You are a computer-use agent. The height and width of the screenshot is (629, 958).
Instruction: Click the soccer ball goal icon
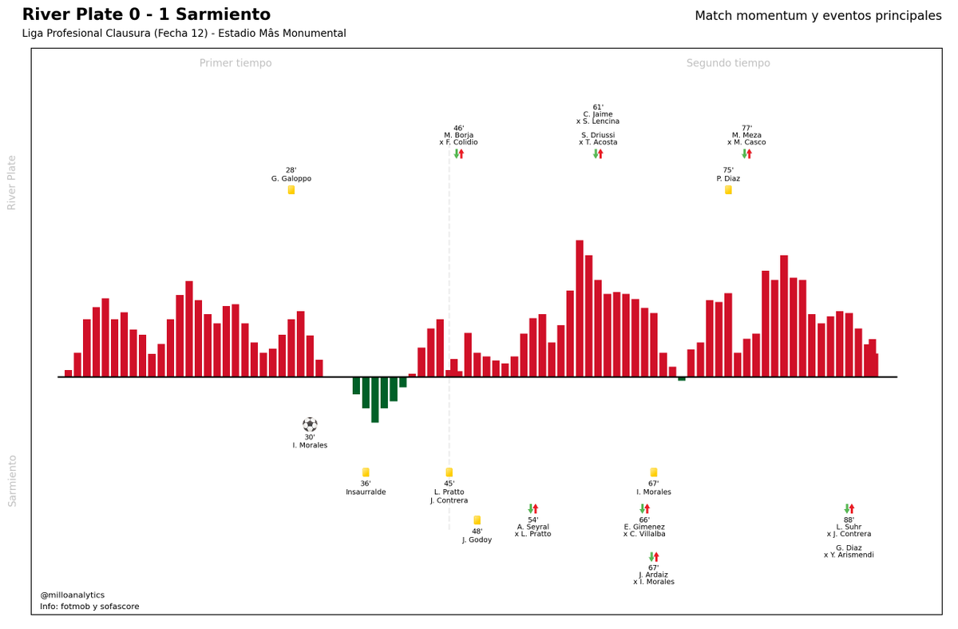(x=310, y=424)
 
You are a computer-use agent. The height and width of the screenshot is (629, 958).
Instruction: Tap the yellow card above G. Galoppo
(x=291, y=190)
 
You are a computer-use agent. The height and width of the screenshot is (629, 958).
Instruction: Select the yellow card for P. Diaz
(x=728, y=190)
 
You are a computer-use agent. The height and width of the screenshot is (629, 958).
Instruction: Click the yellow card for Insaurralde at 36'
(x=366, y=472)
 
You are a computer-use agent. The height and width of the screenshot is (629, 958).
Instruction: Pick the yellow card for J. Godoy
(x=477, y=520)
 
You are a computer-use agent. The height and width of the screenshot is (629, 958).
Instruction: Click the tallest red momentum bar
(x=580, y=308)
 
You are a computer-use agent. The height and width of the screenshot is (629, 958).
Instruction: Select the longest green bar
(x=375, y=400)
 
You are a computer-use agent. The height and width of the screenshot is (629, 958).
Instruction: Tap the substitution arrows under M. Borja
(x=459, y=153)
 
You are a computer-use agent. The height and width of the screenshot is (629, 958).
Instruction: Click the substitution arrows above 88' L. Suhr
(x=849, y=508)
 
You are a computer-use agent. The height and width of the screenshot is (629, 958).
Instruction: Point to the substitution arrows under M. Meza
(x=746, y=153)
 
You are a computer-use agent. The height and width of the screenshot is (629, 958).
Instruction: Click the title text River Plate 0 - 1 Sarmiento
(x=146, y=15)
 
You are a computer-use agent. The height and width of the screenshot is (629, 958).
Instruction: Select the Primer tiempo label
(x=236, y=63)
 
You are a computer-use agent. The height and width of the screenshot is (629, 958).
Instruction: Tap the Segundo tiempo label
(x=728, y=63)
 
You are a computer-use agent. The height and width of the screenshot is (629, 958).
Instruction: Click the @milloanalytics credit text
(x=73, y=595)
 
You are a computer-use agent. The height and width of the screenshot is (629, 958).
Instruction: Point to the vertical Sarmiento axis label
(x=13, y=480)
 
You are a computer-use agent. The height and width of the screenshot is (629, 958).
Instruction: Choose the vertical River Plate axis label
(x=13, y=182)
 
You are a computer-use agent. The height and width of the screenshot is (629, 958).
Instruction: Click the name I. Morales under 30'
(x=310, y=445)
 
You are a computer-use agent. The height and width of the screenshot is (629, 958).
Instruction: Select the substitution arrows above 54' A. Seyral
(x=532, y=508)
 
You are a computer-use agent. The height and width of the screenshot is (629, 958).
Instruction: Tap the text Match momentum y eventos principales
(x=818, y=16)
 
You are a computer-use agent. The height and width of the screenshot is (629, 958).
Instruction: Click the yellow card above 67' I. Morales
(x=654, y=472)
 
